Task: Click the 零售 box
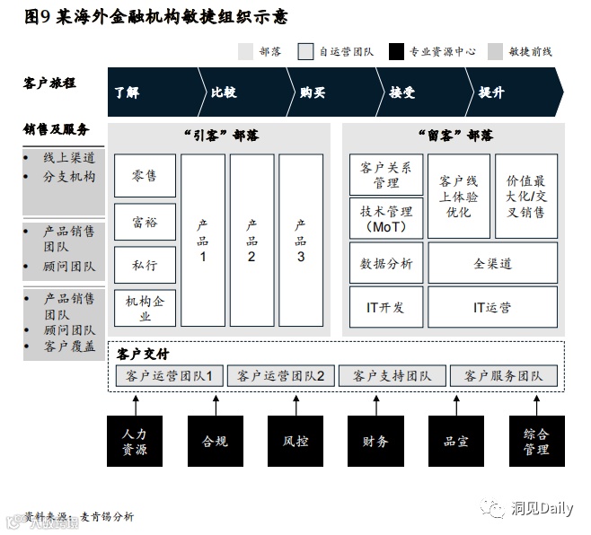pos(145,176)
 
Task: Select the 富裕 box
pos(145,221)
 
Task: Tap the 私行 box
pos(145,265)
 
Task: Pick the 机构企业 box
pos(145,308)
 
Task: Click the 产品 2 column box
pos(251,241)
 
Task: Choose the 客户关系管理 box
pos(385,175)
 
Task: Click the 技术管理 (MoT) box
pos(385,219)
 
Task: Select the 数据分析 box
pos(385,263)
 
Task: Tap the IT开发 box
pos(385,307)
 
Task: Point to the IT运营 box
pos(492,307)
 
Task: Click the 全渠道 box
pos(492,263)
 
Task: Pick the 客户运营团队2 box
pos(280,375)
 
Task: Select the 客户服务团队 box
pos(503,375)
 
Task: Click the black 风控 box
pos(295,441)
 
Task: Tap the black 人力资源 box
pos(135,441)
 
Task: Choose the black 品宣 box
pos(455,441)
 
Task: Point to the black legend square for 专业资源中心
pos(396,52)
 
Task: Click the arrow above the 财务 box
pos(375,403)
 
